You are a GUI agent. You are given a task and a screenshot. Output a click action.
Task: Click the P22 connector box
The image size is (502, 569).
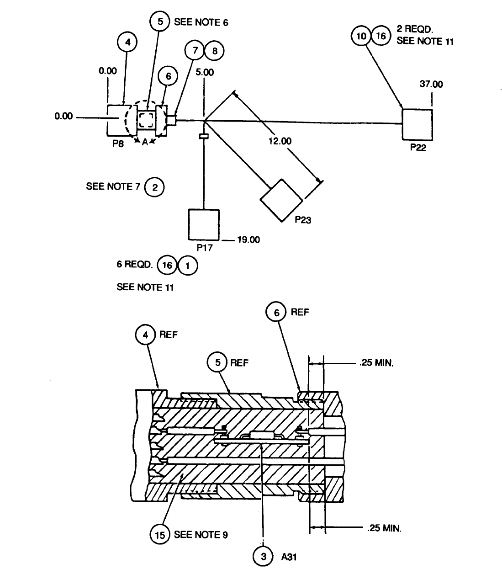[417, 124]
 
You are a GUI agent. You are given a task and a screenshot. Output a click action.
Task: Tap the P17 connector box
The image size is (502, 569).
[204, 224]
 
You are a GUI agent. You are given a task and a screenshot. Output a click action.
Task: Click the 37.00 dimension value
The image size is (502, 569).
[431, 84]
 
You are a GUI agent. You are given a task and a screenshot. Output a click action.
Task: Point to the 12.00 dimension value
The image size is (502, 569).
[280, 141]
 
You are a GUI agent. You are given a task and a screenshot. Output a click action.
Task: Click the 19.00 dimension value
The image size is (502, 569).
[248, 239]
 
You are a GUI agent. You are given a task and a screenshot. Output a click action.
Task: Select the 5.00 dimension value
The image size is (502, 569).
[204, 72]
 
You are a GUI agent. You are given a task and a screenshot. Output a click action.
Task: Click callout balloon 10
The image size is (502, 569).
[361, 36]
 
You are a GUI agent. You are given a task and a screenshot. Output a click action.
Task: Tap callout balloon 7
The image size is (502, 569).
[195, 51]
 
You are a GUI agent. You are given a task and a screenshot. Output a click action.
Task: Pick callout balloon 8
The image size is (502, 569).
[214, 51]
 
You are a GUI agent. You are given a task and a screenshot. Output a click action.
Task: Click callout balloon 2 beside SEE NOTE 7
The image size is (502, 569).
[155, 187]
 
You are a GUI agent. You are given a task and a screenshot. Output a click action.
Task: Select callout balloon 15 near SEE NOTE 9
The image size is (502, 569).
[160, 534]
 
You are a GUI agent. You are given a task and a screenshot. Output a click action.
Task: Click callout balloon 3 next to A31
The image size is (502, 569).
[263, 556]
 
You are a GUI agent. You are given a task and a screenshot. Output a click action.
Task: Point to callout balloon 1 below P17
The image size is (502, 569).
[188, 266]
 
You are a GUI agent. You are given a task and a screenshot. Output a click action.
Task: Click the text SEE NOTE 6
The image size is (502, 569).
[201, 22]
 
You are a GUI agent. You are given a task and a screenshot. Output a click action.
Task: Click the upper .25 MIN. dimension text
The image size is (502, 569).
[376, 364]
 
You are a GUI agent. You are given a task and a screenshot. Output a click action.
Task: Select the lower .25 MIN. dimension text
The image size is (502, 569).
[384, 528]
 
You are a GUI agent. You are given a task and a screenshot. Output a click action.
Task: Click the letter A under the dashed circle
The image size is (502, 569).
[145, 142]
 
